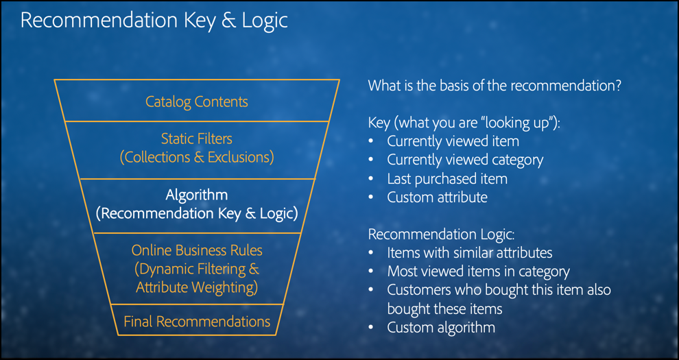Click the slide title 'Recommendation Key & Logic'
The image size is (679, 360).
click(154, 21)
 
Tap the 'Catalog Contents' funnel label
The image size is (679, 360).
click(197, 101)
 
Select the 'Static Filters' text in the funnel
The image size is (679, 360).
click(197, 139)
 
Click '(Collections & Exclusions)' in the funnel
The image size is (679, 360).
click(197, 157)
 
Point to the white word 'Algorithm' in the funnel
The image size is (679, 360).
click(197, 195)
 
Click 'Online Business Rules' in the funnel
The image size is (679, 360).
click(197, 250)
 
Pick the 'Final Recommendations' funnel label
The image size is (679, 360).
click(197, 322)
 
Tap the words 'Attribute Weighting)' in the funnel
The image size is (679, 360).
click(197, 288)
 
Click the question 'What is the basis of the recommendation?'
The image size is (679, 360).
click(495, 85)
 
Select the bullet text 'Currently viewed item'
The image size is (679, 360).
click(453, 141)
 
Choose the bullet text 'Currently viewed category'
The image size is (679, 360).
click(465, 160)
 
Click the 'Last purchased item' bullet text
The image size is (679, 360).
click(447, 179)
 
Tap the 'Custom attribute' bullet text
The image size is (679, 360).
click(438, 197)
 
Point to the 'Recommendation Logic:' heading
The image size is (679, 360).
click(441, 235)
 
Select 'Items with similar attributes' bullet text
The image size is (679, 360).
click(470, 253)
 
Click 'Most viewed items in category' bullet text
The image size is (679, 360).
click(479, 272)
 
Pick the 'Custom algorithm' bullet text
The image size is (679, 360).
click(441, 328)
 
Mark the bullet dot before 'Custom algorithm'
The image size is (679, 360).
click(370, 328)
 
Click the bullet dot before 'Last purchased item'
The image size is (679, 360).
click(370, 179)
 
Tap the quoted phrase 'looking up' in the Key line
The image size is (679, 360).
click(514, 123)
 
